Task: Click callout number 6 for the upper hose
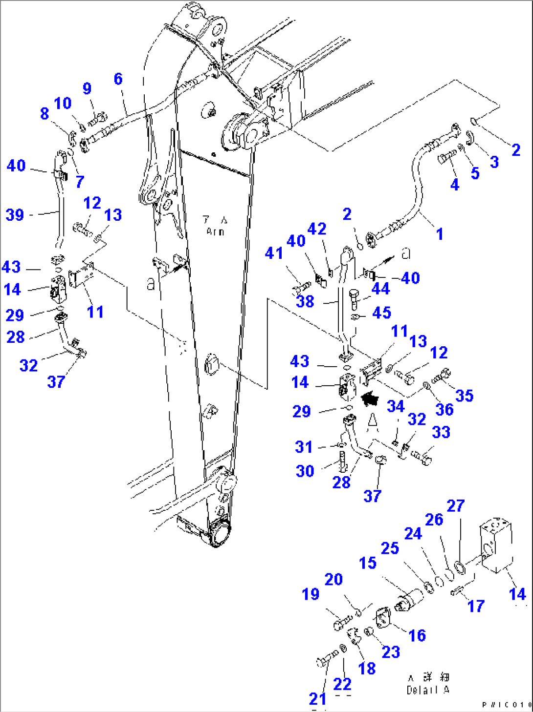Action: tap(118, 79)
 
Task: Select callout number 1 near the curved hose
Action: tap(440, 234)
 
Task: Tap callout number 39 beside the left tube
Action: tap(15, 215)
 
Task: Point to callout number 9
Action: tap(87, 88)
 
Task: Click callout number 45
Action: tap(381, 313)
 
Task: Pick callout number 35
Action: tap(464, 396)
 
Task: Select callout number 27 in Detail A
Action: tap(455, 506)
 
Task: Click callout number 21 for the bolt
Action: tap(317, 699)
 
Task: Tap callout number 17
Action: tap(476, 606)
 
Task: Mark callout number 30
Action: tap(305, 471)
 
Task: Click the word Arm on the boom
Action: tap(215, 231)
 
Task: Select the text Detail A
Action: tap(427, 690)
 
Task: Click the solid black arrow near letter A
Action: tap(370, 398)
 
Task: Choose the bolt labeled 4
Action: tap(446, 157)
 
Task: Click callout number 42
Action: tap(316, 229)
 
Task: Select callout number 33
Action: tap(441, 432)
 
